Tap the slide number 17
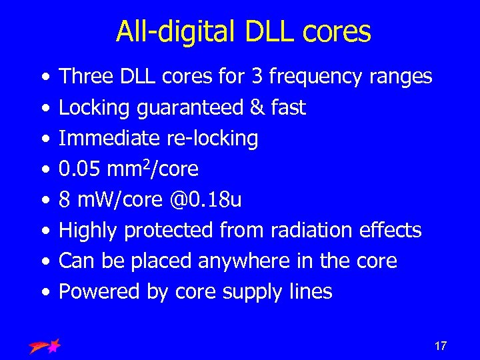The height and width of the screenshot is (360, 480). (x=440, y=346)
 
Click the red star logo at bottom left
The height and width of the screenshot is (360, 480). (x=45, y=345)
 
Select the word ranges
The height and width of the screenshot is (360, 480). (x=401, y=77)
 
